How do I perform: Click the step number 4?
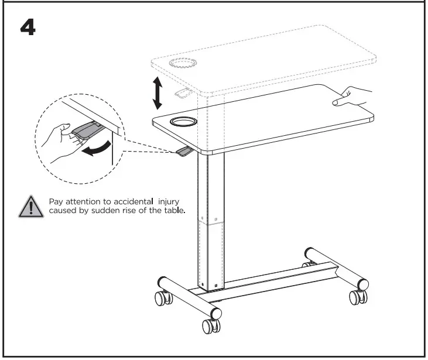click(28, 27)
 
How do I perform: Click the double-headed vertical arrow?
click(157, 93)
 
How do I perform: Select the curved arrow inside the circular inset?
click(96, 150)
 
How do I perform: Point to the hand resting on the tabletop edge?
click(354, 97)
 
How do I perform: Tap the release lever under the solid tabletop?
click(184, 152)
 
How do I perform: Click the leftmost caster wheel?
click(162, 299)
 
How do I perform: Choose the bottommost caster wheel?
click(210, 325)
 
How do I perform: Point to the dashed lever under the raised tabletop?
click(183, 92)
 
